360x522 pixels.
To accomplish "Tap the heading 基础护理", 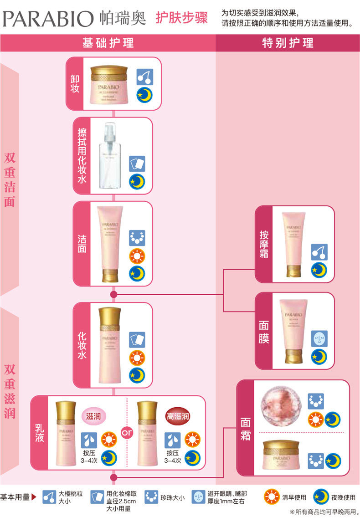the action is click(108, 43).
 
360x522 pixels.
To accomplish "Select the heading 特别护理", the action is click(288, 43).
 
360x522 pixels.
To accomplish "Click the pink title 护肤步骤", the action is click(181, 18).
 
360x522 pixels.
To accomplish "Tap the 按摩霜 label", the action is click(263, 244).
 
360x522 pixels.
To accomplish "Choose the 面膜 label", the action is click(263, 332).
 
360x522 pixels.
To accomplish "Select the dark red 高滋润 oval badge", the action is click(178, 416).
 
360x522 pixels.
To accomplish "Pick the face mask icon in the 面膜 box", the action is click(319, 338).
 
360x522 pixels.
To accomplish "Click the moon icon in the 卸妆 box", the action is click(145, 95).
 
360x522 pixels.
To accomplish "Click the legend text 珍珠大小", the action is click(172, 498).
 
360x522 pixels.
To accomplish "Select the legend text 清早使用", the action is click(294, 497).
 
